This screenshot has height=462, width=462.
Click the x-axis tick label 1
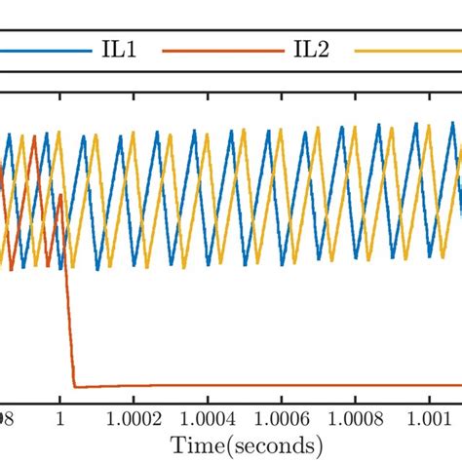tap(60, 416)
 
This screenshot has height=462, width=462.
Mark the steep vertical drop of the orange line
tap(69, 331)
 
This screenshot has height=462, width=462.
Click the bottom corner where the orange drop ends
tap(75, 386)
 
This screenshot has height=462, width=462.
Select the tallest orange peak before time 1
tap(34, 137)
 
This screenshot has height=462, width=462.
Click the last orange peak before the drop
tap(60, 196)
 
